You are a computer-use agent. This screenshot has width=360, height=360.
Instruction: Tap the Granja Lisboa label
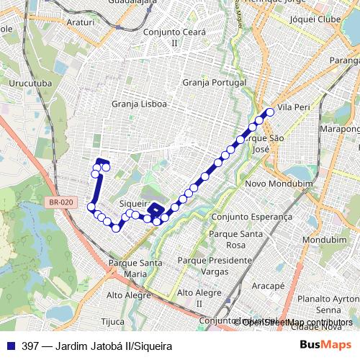click(139, 104)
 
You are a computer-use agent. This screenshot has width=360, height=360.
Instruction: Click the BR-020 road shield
click(63, 203)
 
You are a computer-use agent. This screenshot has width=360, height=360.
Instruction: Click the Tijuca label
click(113, 321)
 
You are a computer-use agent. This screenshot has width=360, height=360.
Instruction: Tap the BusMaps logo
click(320, 346)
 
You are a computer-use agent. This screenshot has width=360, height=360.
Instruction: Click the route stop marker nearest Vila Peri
click(271, 112)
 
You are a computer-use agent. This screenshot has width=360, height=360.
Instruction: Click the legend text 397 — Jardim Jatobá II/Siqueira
click(96, 346)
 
